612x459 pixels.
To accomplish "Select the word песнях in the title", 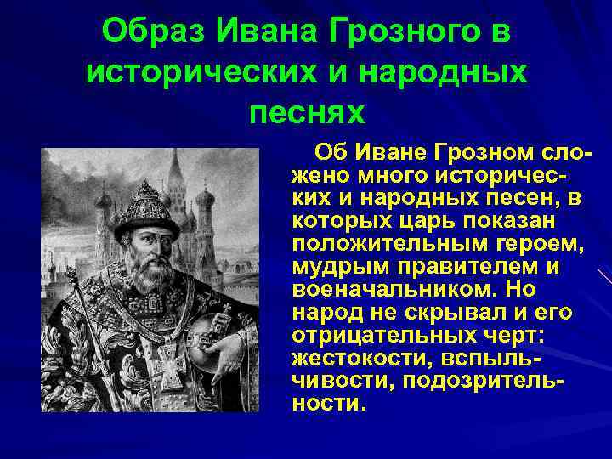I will tap(307, 110).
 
